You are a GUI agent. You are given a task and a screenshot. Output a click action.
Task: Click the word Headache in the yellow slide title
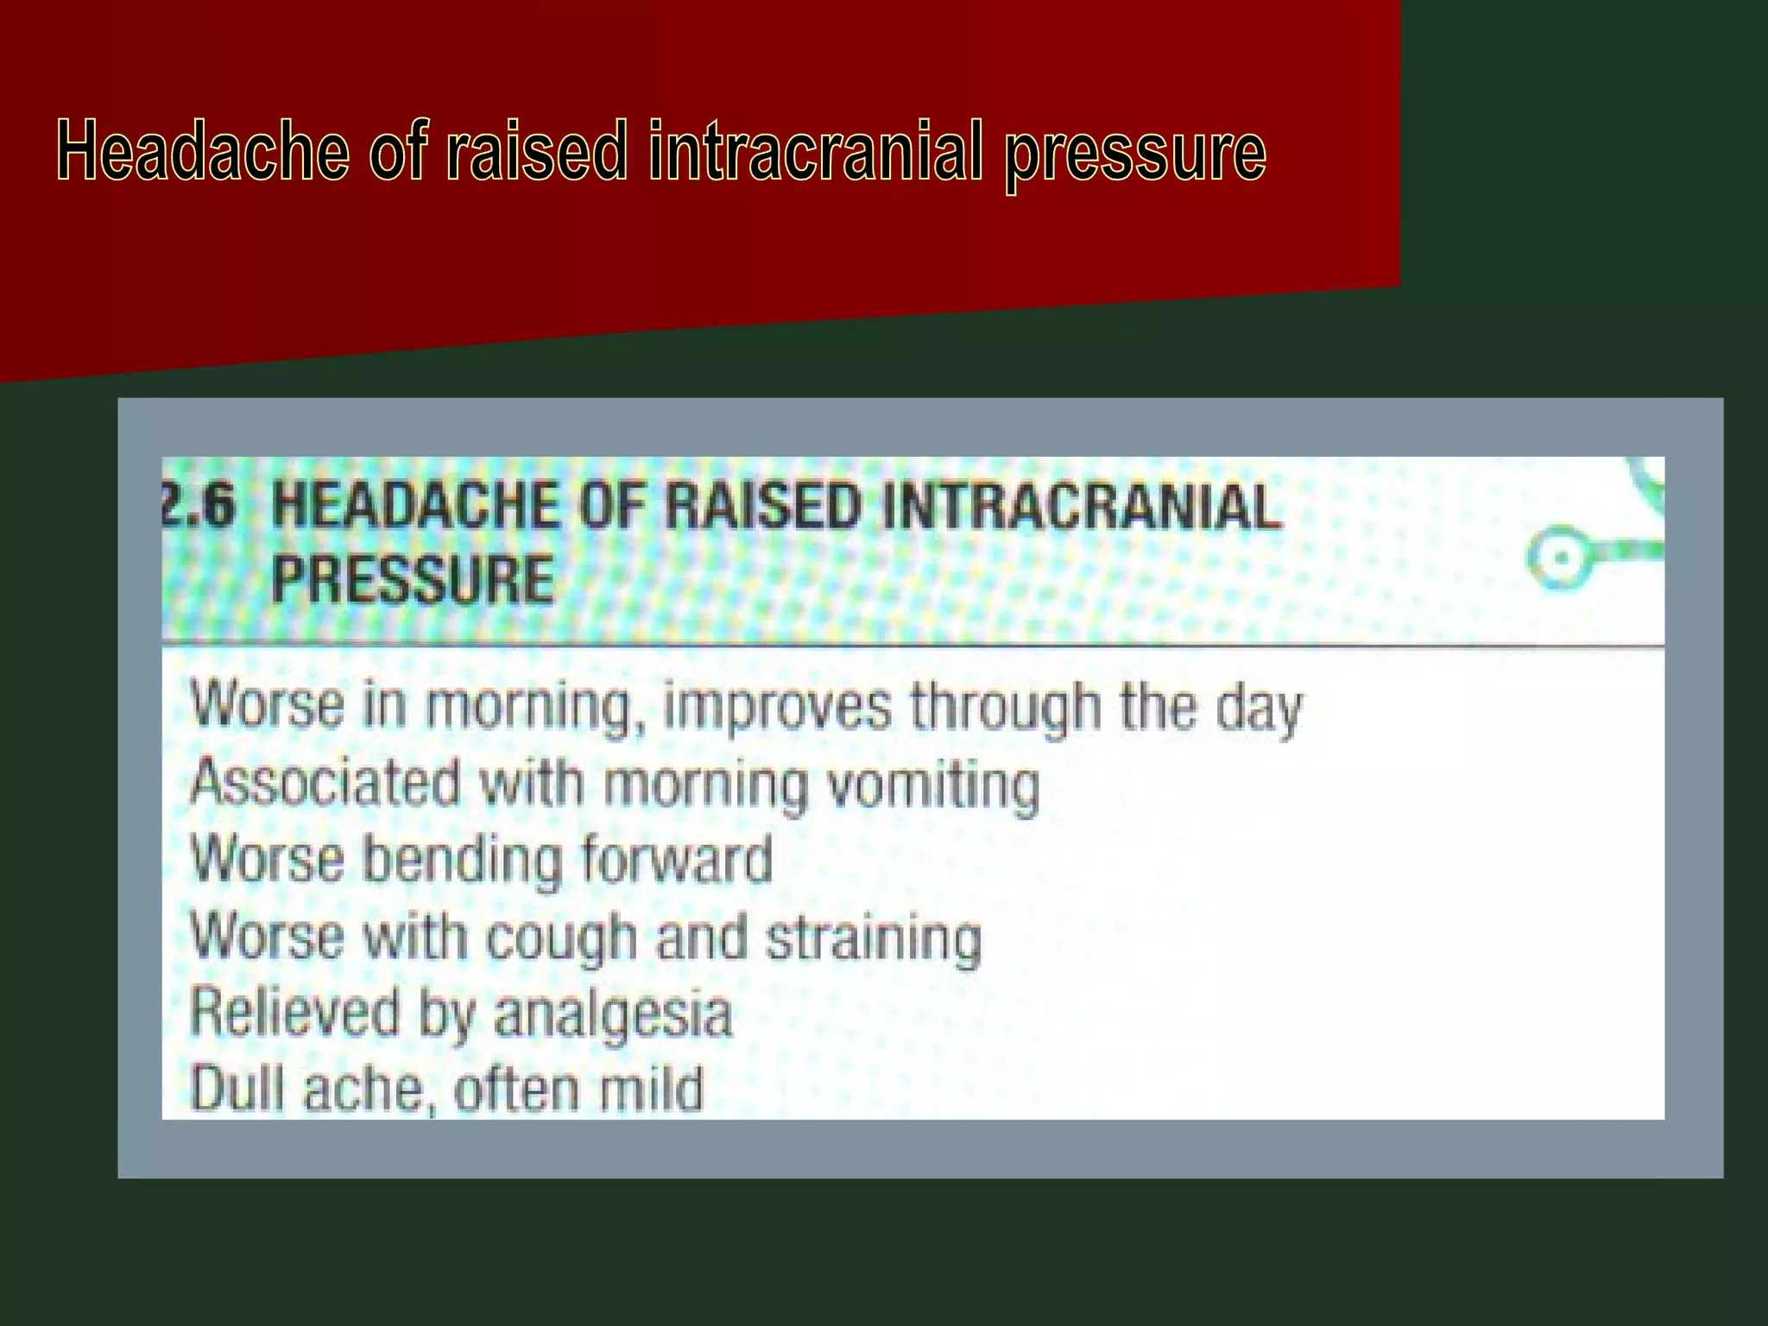(x=203, y=151)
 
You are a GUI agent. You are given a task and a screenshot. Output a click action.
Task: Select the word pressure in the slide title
(x=1134, y=154)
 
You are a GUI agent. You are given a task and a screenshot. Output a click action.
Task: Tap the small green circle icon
(x=1559, y=559)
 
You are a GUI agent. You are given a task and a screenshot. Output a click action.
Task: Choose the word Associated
(x=325, y=783)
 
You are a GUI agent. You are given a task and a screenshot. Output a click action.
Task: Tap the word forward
(x=676, y=860)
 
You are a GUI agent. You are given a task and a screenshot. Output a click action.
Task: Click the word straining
(x=874, y=939)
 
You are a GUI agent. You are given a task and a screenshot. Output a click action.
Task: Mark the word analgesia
(x=613, y=1015)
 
